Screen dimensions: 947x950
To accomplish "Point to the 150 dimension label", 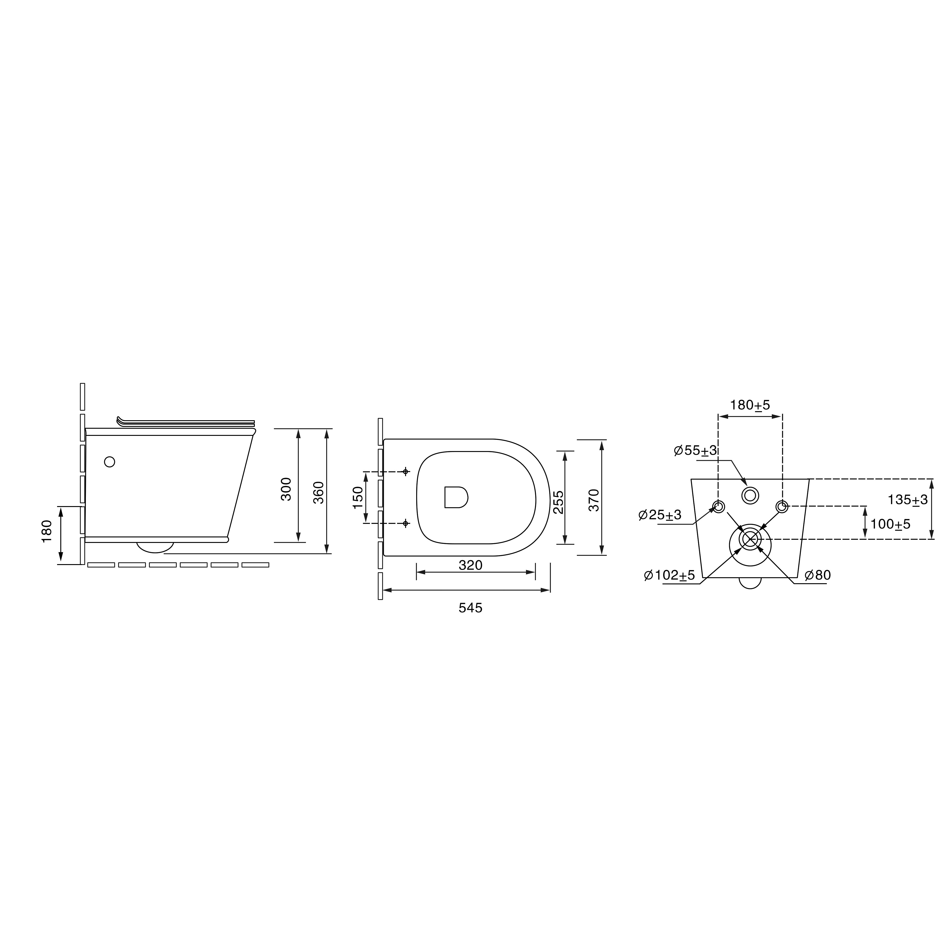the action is click(x=358, y=498).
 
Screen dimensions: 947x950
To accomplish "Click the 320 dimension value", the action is click(x=471, y=565).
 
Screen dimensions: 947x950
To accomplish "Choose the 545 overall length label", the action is click(x=471, y=608).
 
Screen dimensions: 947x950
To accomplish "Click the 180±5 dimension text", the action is click(x=750, y=405).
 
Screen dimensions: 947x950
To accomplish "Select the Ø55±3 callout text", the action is click(x=695, y=450).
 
